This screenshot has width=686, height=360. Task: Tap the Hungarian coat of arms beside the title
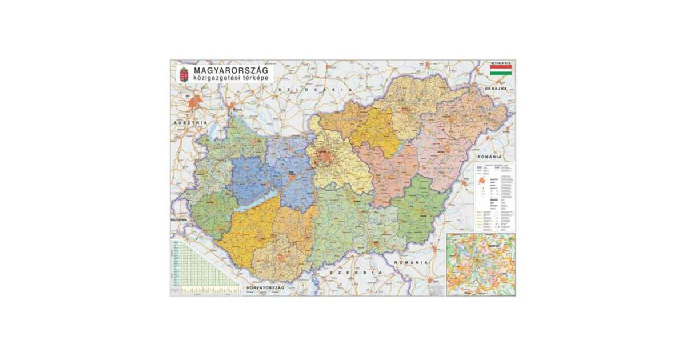point(184,74)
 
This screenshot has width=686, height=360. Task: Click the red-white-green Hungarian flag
point(500,71)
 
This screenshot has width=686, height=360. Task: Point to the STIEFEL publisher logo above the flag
point(500,62)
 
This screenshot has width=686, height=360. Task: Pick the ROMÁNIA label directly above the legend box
point(489,156)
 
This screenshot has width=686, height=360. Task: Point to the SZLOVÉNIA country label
point(178,221)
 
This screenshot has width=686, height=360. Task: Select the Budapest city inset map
point(480,265)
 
